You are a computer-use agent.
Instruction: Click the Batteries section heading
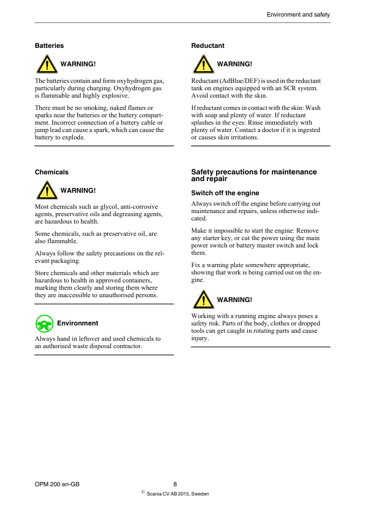click(x=49, y=45)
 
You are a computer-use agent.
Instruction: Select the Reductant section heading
click(x=207, y=45)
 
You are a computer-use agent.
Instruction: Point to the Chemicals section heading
click(x=52, y=172)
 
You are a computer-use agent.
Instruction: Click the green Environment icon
click(x=44, y=324)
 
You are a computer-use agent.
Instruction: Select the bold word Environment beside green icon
click(x=77, y=323)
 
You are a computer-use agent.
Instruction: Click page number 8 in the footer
click(x=175, y=484)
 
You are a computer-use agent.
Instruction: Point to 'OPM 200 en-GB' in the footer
click(x=57, y=484)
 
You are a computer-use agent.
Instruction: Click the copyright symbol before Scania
click(x=143, y=492)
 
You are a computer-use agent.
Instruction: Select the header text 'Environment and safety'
click(x=298, y=14)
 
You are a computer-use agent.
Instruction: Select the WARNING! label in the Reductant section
click(x=234, y=64)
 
